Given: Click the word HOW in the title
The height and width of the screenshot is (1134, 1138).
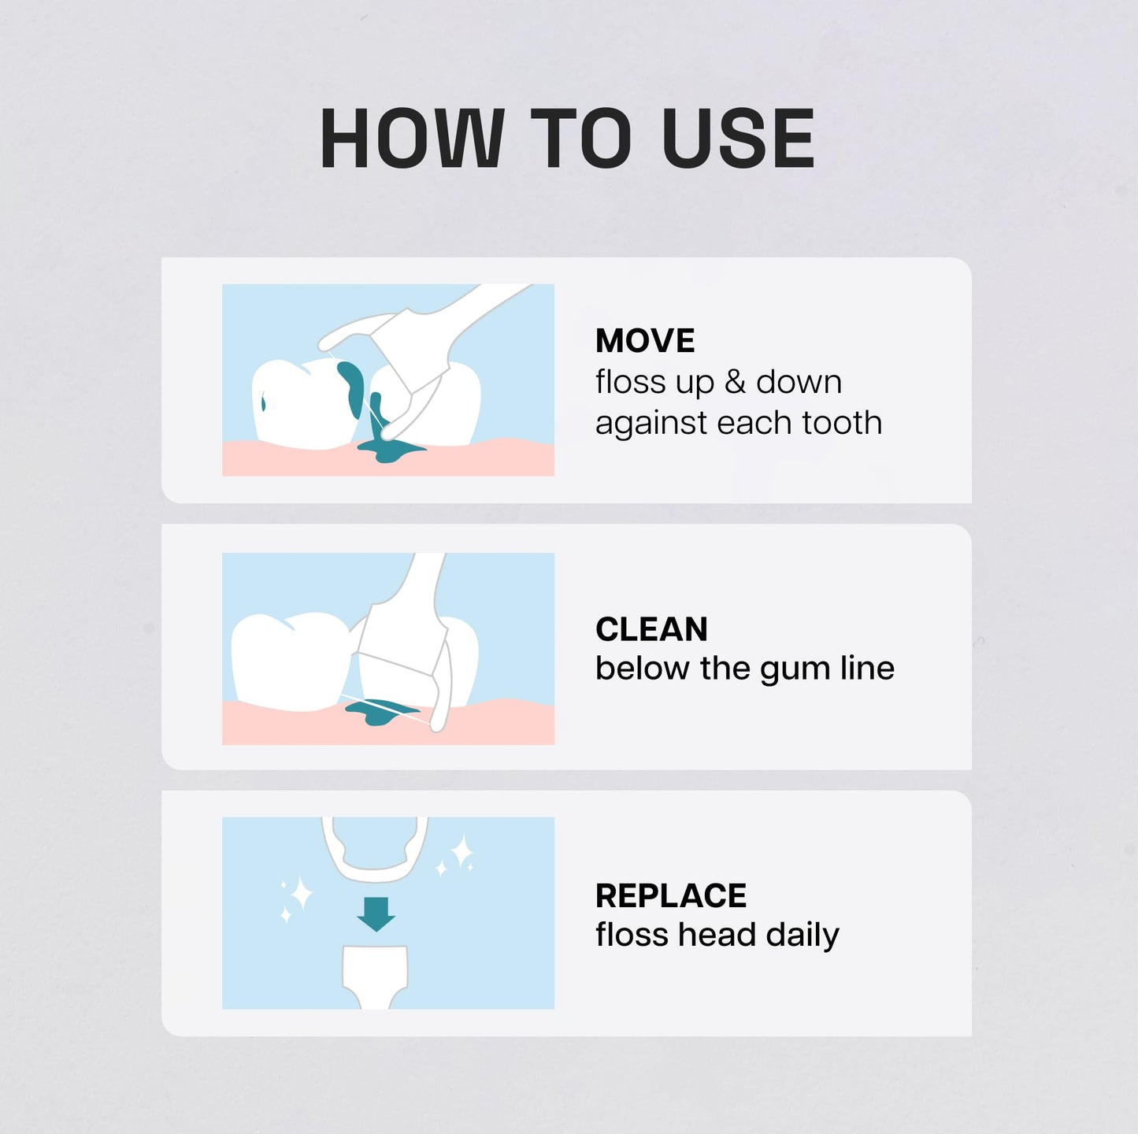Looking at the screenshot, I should (x=411, y=139).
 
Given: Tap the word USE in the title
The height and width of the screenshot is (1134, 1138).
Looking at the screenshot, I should (x=738, y=139).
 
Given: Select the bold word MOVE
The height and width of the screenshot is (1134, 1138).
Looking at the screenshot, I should (x=645, y=341).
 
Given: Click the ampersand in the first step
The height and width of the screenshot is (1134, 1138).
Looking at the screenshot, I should (x=735, y=382).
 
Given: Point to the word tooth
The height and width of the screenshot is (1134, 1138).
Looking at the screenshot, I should (x=842, y=423).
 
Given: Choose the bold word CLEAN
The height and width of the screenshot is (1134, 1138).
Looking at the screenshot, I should (x=651, y=629).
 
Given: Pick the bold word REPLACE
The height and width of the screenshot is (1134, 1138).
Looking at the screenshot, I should (x=670, y=895).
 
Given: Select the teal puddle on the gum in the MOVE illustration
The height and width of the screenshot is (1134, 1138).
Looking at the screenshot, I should (x=389, y=451).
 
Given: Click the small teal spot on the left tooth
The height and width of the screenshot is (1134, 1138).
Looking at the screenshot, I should (x=263, y=404).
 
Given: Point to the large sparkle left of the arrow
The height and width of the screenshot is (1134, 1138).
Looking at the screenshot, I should (x=301, y=894).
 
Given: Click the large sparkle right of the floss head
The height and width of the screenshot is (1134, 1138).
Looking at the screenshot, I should (x=462, y=851).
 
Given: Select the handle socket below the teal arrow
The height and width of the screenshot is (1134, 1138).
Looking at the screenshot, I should (x=376, y=973).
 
